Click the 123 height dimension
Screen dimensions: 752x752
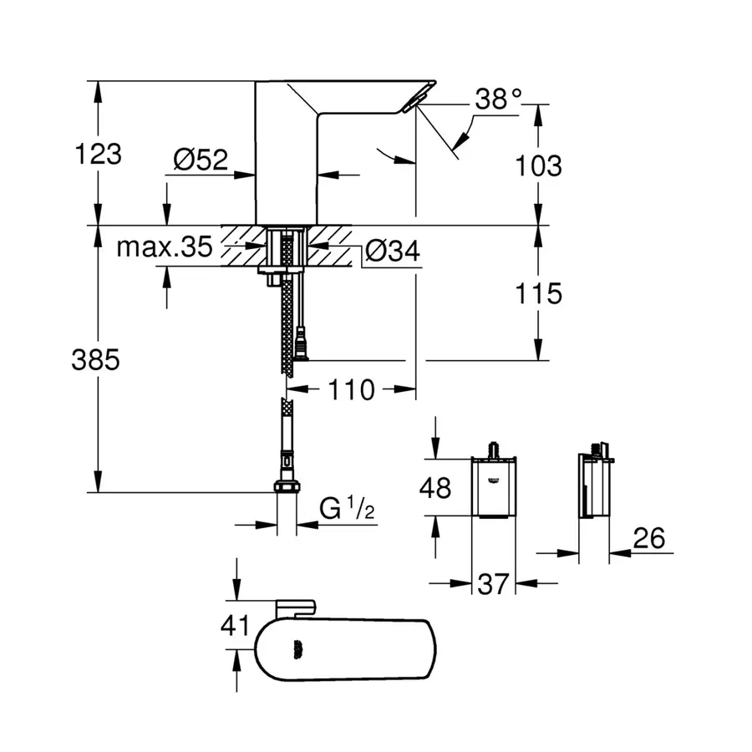[99, 155]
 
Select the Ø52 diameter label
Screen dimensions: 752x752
[201, 159]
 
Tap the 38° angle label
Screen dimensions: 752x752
[498, 100]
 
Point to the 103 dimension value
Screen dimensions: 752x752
[539, 165]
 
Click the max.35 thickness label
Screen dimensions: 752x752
[165, 246]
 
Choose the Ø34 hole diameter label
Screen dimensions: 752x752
[393, 250]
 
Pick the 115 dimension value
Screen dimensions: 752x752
[539, 294]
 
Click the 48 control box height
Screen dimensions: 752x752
[434, 487]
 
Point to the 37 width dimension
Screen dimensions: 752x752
[494, 583]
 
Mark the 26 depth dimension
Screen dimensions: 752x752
[648, 539]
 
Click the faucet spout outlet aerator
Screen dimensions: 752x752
[412, 104]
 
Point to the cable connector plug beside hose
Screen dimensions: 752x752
[300, 344]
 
